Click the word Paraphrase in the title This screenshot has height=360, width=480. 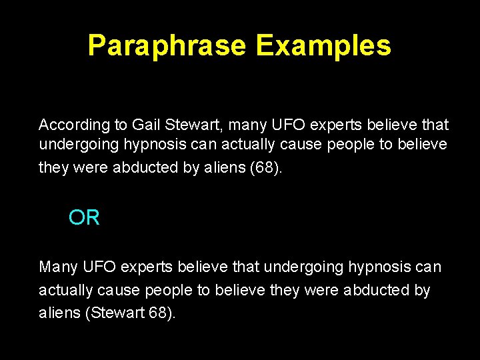(167, 46)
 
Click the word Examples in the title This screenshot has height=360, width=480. (323, 46)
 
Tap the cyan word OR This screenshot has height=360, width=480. (84, 217)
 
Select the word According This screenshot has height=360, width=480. (74, 125)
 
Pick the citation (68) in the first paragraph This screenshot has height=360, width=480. (266, 167)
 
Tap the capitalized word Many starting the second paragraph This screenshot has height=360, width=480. (59, 267)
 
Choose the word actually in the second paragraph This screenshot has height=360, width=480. (66, 291)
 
